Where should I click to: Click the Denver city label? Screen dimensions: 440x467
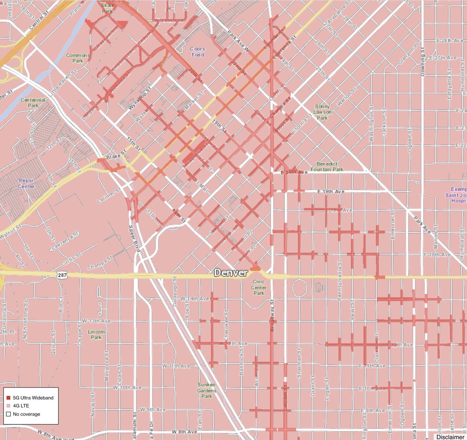(x=231, y=273)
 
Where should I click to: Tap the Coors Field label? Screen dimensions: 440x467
(x=198, y=52)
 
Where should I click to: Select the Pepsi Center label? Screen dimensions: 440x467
(x=26, y=183)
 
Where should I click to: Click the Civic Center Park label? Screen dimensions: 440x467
(x=259, y=287)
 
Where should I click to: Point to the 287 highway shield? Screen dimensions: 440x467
(x=62, y=275)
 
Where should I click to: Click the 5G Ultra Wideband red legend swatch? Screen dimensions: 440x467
(x=8, y=398)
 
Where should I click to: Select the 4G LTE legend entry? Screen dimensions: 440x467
(x=21, y=406)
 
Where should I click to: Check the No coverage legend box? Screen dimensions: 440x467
(x=8, y=414)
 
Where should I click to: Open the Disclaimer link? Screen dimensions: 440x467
(x=450, y=437)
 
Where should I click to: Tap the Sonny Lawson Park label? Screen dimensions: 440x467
(x=322, y=112)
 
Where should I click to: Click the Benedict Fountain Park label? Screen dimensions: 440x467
(x=327, y=167)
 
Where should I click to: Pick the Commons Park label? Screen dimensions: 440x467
(x=78, y=58)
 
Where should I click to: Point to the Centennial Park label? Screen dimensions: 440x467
(x=33, y=103)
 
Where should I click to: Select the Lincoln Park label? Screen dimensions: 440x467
(x=96, y=335)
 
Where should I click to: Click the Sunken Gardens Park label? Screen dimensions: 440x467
(x=207, y=390)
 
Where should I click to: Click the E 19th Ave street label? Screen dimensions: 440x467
(x=331, y=191)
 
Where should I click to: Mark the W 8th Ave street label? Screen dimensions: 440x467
(x=184, y=432)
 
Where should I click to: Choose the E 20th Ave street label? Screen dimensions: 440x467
(x=294, y=172)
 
